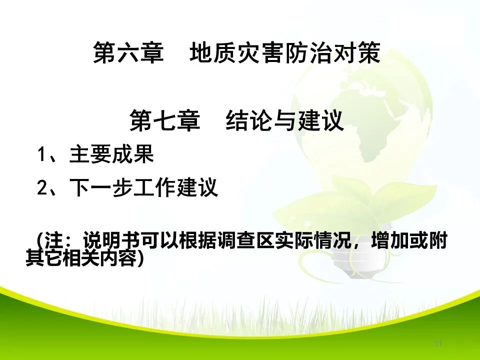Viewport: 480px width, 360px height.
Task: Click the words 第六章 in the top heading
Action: click(128, 53)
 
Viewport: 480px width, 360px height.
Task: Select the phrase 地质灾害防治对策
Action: click(285, 53)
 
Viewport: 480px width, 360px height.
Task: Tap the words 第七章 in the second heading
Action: click(164, 120)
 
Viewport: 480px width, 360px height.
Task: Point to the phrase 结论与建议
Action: click(285, 120)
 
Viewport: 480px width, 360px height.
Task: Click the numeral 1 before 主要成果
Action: click(42, 155)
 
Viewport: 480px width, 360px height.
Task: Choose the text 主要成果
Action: click(111, 155)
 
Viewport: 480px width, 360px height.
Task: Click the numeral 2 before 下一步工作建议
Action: click(42, 188)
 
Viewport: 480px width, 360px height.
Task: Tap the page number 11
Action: click(438, 343)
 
